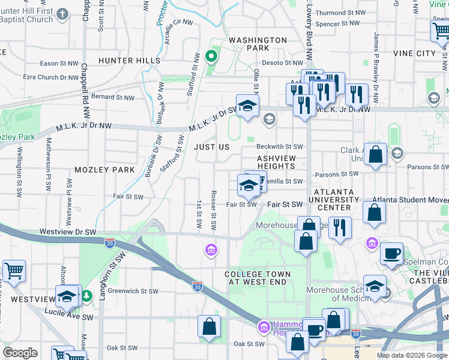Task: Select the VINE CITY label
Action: pos(414,53)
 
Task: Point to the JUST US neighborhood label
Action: pos(211,147)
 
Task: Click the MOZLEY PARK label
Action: pos(106,170)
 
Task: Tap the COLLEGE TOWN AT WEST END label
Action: pos(258,279)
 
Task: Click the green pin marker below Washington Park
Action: pos(211,57)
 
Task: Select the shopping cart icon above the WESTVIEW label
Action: pos(14,271)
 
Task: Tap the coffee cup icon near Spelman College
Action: pos(391,253)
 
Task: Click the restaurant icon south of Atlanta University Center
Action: pos(340,228)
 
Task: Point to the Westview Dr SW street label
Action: pos(68,231)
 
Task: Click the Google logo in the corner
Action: pos(20,353)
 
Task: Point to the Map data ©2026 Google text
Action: pos(411,355)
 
